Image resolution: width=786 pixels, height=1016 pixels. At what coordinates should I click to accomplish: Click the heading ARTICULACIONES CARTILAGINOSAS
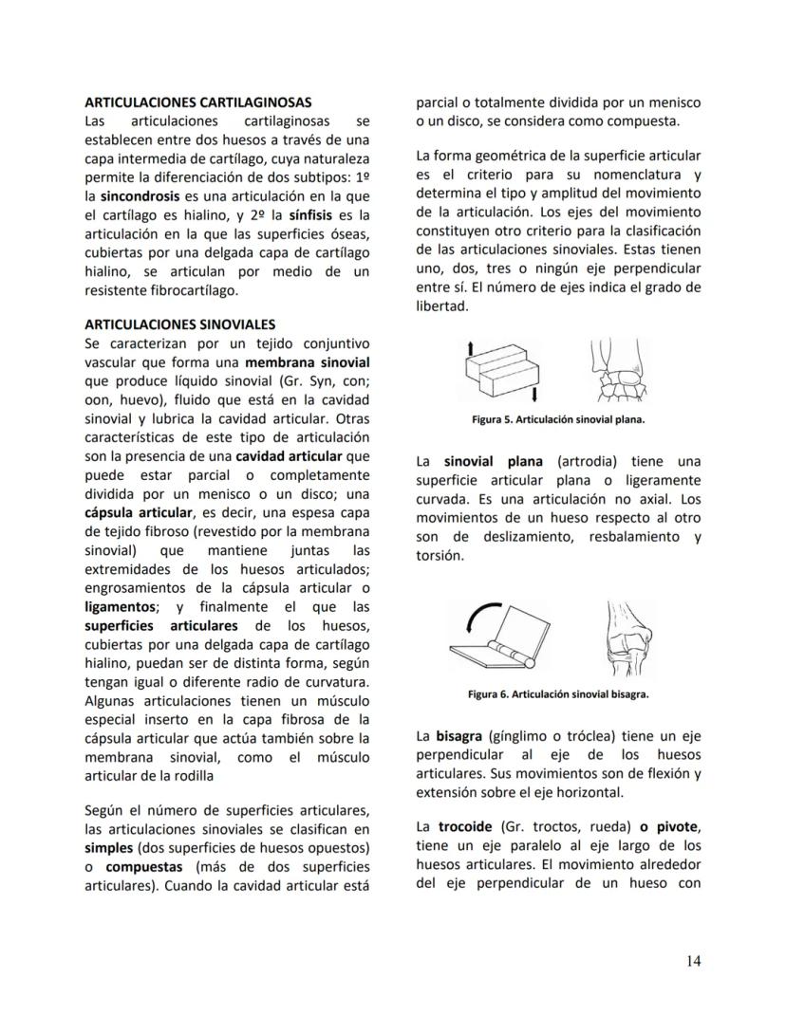pyautogui.click(x=197, y=102)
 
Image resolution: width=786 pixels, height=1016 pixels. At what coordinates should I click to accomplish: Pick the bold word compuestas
pyautogui.click(x=144, y=867)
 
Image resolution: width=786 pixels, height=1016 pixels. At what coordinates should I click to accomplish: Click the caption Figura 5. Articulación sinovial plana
pyautogui.click(x=558, y=418)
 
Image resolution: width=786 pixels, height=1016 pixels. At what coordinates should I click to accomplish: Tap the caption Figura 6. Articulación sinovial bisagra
pyautogui.click(x=558, y=693)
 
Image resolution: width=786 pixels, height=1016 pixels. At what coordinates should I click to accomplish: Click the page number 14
pyautogui.click(x=693, y=961)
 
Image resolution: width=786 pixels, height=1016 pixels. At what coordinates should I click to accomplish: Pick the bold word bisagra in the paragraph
pyautogui.click(x=458, y=736)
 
